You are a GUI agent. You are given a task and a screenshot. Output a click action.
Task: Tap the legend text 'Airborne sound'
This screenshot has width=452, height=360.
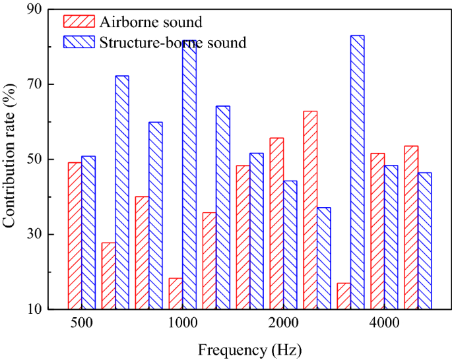click(150, 21)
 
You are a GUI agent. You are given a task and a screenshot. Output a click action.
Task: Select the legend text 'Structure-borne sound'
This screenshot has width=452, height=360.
click(173, 43)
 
